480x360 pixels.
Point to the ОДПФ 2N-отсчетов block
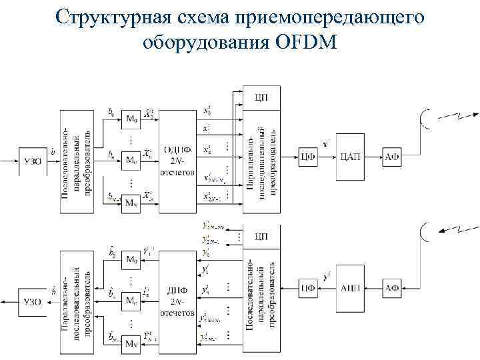pos(176,157)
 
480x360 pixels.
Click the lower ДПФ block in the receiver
pos(176,297)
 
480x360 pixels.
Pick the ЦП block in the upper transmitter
pos(262,97)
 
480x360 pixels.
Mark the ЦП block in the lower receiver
pos(262,236)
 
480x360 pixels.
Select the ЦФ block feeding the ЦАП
pos(307,157)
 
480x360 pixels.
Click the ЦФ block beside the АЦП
pos(307,288)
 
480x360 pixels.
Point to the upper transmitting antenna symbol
pos(424,119)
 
